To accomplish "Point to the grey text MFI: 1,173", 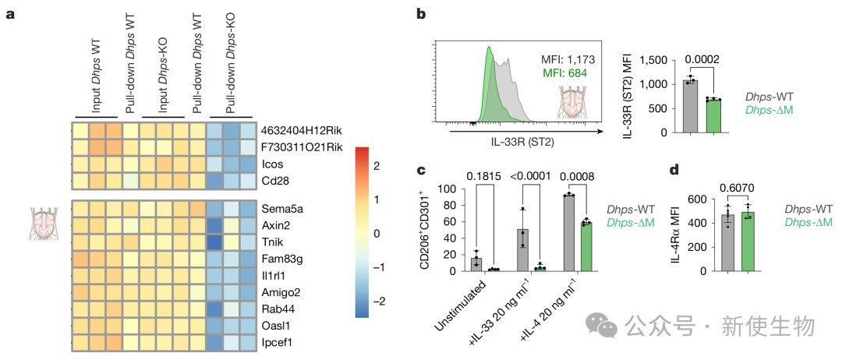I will (x=573, y=58).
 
